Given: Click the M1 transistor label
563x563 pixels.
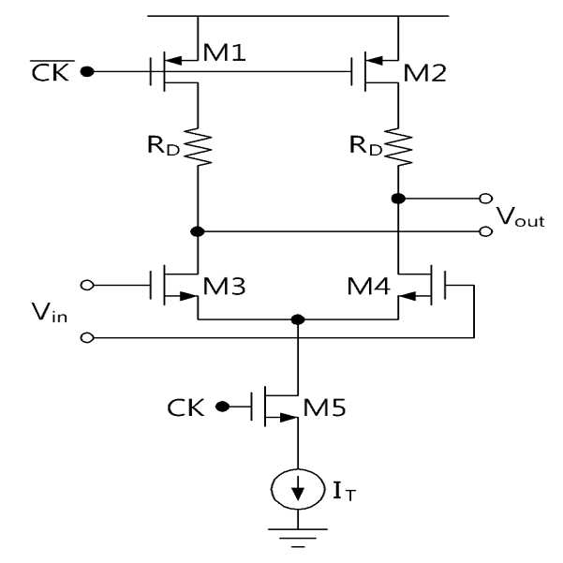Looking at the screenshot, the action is (225, 52).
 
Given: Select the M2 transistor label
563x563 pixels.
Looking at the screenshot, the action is (424, 73).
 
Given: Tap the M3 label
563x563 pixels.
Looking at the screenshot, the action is (225, 286).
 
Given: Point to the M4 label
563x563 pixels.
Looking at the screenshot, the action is (368, 286).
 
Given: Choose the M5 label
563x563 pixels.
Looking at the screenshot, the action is (324, 407).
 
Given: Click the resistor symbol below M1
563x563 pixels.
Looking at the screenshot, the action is (198, 146).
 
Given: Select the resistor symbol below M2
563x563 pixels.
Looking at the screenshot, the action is (398, 146).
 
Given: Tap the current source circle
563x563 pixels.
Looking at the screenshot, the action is (298, 489).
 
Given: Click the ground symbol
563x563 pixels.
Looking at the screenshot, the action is (298, 538).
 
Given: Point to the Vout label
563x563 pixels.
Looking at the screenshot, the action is (521, 216).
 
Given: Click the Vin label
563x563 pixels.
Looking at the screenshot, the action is (50, 312).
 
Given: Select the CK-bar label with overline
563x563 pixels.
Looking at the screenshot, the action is (51, 71).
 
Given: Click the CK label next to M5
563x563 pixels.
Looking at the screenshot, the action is (185, 407).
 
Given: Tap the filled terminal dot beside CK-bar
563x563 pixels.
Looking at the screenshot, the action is (87, 72).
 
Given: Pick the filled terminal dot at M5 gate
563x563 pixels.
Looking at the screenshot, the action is (222, 407).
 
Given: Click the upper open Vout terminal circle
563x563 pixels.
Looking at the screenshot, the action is (486, 199).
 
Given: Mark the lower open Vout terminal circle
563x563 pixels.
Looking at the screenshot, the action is (486, 231).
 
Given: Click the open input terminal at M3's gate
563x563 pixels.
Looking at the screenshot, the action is (87, 286).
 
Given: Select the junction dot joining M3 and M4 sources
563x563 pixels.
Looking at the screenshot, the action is (298, 319).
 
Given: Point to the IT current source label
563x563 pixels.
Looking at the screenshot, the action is (344, 492).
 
